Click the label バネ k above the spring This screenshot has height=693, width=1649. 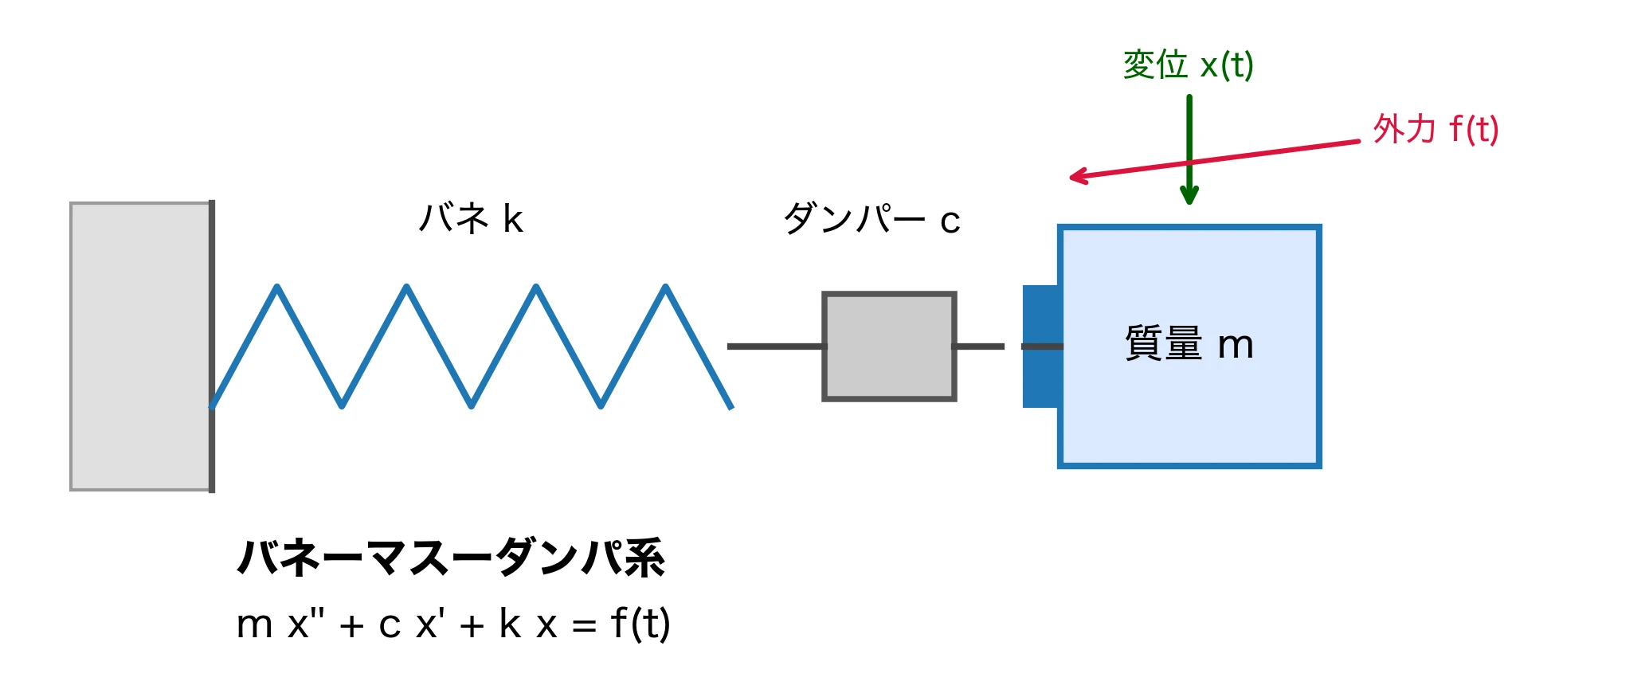471,218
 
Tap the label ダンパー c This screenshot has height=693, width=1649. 872,219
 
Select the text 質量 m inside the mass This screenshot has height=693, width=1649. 1189,344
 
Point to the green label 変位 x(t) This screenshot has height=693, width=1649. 1188,65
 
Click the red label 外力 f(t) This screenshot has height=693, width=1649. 1436,129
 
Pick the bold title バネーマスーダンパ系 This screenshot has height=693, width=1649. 451,558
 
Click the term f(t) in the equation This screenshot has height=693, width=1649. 640,624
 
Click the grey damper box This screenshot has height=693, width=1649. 889,346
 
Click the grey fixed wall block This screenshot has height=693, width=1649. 139,346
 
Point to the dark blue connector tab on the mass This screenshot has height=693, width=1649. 1040,346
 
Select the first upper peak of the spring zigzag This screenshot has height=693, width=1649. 277,288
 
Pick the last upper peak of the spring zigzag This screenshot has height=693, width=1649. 665,288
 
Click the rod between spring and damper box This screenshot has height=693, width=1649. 774,346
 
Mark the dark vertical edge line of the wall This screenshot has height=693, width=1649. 212,346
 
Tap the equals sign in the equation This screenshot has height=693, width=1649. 584,626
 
